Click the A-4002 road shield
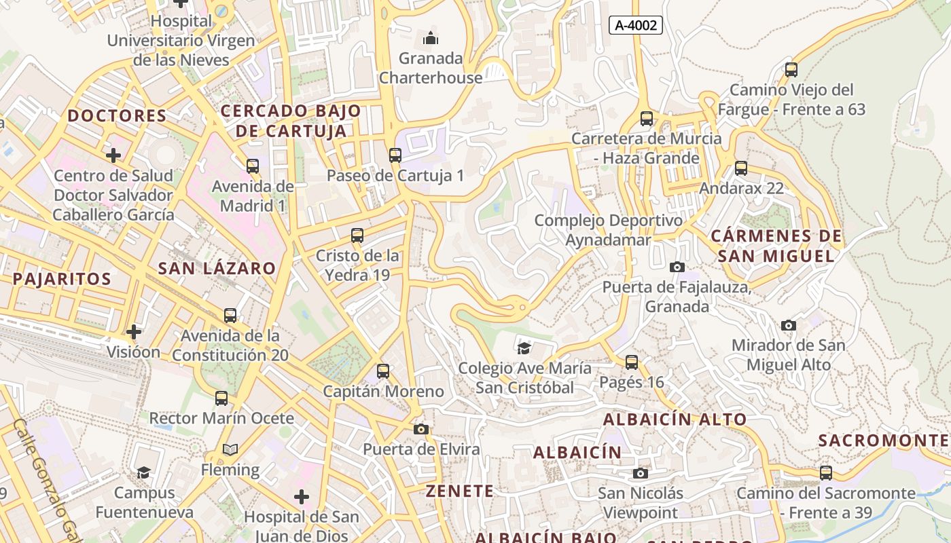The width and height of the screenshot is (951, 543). (x=635, y=26)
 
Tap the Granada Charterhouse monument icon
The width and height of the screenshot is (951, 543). (x=431, y=38)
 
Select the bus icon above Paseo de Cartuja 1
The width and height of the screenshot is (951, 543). (x=395, y=155)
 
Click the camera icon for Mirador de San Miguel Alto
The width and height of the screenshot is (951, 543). (x=789, y=326)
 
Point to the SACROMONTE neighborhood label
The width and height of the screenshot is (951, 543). (x=884, y=441)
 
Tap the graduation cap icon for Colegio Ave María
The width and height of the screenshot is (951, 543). (x=524, y=349)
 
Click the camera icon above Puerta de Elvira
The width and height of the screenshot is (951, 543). (x=421, y=429)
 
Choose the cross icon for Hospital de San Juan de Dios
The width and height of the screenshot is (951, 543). (x=302, y=498)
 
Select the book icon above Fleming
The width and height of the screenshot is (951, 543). (x=230, y=450)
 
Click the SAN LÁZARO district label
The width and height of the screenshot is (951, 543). (x=217, y=268)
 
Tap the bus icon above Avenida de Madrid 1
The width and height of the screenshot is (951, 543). (x=253, y=166)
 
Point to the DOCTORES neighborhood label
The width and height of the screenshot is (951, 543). (x=117, y=115)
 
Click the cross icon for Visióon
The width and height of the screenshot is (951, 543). (x=134, y=332)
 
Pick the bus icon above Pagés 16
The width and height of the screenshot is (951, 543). (x=632, y=362)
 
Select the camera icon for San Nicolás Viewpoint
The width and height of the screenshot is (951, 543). (x=640, y=473)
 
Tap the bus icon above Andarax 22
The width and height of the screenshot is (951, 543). (x=741, y=168)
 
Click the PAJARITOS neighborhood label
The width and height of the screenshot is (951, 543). (x=62, y=279)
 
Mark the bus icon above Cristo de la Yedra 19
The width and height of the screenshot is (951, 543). (x=357, y=236)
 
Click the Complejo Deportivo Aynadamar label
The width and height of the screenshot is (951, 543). (x=608, y=230)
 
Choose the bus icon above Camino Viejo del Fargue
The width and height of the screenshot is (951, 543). (x=791, y=69)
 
